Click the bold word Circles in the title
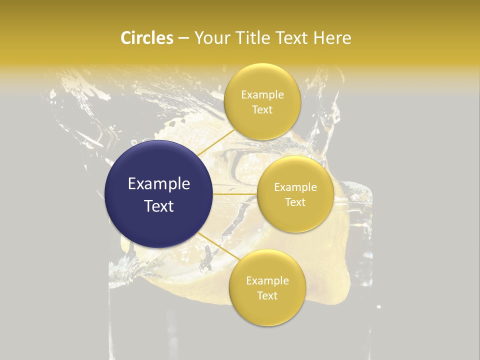tap(147, 38)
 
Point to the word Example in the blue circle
tap(159, 184)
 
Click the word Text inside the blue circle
tap(159, 205)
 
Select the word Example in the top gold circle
tap(262, 94)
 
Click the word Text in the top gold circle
tap(262, 109)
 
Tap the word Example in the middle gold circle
tap(295, 187)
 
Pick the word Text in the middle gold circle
tap(295, 202)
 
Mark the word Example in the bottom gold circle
tap(267, 280)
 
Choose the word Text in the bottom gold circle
tap(267, 295)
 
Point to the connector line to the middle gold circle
tap(235, 194)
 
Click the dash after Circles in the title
tap(183, 38)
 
